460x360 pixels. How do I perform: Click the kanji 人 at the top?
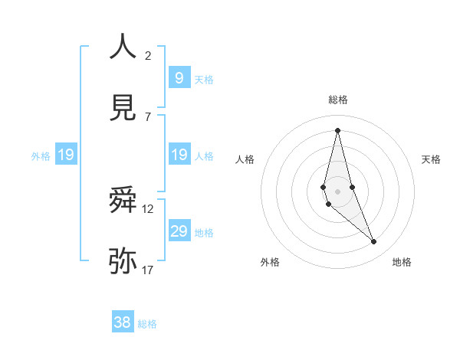coord(123,47)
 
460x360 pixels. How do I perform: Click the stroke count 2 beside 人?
coord(148,55)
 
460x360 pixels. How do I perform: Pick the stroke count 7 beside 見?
coord(148,116)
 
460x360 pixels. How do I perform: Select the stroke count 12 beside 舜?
coord(148,208)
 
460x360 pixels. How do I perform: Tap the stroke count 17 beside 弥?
coord(148,270)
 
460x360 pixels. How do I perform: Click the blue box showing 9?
coord(179,77)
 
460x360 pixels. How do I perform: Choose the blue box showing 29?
coord(179,231)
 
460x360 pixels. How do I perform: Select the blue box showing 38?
coord(123,322)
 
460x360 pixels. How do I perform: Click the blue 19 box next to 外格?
coord(65,155)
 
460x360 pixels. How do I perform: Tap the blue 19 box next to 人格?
coord(179,155)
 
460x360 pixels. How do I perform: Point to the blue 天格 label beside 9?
coord(204,79)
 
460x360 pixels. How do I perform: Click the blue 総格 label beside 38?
coord(147,324)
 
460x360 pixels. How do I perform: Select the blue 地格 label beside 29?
coord(204,233)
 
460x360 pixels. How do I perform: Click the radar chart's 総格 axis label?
coord(337,100)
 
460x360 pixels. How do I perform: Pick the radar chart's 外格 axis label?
coord(270,262)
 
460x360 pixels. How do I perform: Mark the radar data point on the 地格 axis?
coord(374,242)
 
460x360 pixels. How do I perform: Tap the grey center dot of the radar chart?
coord(337,191)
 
